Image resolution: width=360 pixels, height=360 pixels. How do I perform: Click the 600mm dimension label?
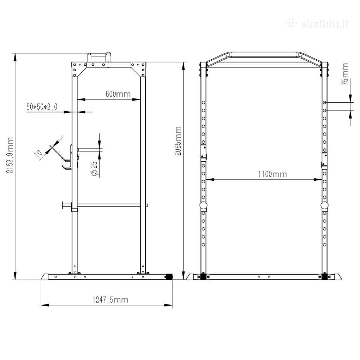pos(118,94)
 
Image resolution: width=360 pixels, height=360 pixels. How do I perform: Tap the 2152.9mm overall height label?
pos(10,155)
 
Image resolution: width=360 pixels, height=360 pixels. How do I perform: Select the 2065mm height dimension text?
pos(178,141)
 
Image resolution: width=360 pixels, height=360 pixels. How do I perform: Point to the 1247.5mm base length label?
pos(110,300)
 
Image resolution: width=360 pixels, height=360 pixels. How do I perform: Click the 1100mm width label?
pos(272,174)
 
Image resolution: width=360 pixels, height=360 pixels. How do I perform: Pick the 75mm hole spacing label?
pos(345,74)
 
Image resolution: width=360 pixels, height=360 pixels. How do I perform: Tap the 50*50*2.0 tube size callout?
pos(42,107)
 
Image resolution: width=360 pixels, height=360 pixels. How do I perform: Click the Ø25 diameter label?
pos(94,169)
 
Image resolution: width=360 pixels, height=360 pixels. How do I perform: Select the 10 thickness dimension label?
pos(38,153)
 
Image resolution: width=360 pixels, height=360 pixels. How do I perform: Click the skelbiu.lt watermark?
pos(317,24)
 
